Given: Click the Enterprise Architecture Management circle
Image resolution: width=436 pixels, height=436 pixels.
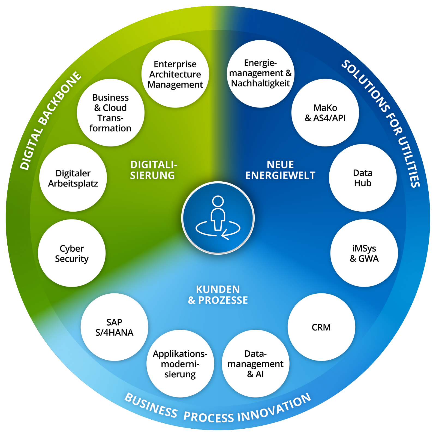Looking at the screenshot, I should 175,74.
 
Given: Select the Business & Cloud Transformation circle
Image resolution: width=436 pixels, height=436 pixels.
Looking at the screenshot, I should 110,113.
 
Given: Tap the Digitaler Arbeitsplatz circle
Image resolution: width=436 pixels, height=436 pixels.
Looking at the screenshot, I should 73,178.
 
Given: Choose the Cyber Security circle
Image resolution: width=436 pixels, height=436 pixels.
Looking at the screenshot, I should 72,253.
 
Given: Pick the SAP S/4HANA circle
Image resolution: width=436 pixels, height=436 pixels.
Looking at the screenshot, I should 114,327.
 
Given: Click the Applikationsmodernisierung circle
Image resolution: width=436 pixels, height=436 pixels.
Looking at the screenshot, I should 180,364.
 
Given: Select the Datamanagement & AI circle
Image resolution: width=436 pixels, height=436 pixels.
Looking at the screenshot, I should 255,364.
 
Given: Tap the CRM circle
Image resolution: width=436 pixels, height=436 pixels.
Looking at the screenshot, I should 321,327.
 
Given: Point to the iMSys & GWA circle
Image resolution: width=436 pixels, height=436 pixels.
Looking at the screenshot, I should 364,253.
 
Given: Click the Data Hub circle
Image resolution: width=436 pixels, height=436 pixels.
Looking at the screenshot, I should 363,178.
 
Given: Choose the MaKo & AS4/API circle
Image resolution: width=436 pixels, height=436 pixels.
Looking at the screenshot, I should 325,113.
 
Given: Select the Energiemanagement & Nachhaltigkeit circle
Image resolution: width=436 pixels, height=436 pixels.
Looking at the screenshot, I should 260,74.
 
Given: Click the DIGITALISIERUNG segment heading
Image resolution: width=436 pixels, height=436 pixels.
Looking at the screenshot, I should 153,170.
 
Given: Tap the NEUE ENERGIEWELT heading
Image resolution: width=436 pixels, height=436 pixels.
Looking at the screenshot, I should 280,170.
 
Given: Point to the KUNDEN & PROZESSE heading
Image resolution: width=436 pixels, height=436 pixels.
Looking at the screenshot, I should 218,294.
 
